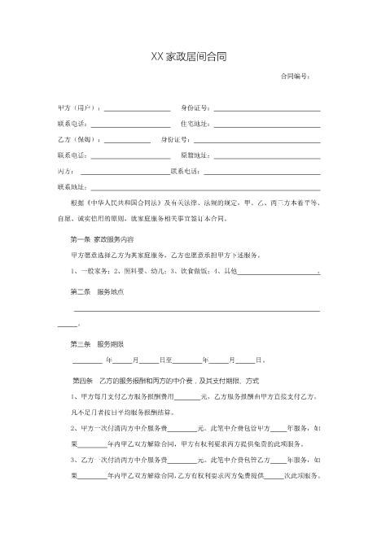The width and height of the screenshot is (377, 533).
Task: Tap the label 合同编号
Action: coord(295,76)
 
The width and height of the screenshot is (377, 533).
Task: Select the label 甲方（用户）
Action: coord(78,107)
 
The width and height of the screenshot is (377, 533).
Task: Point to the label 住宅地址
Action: coord(195,124)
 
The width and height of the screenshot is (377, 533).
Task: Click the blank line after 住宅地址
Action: coord(266,125)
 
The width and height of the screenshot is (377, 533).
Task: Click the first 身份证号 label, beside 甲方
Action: coord(195,107)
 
